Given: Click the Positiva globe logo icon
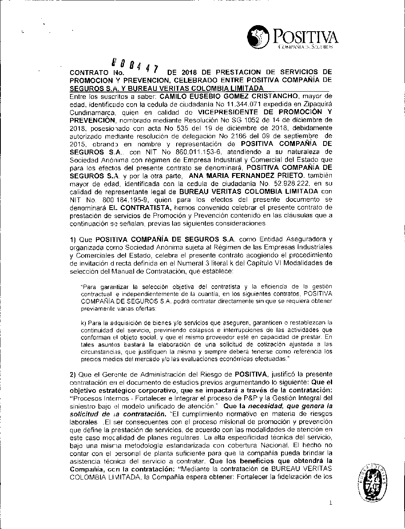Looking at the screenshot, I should pyautogui.click(x=258, y=37).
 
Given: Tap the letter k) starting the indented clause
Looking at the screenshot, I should pyautogui.click(x=84, y=323).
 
